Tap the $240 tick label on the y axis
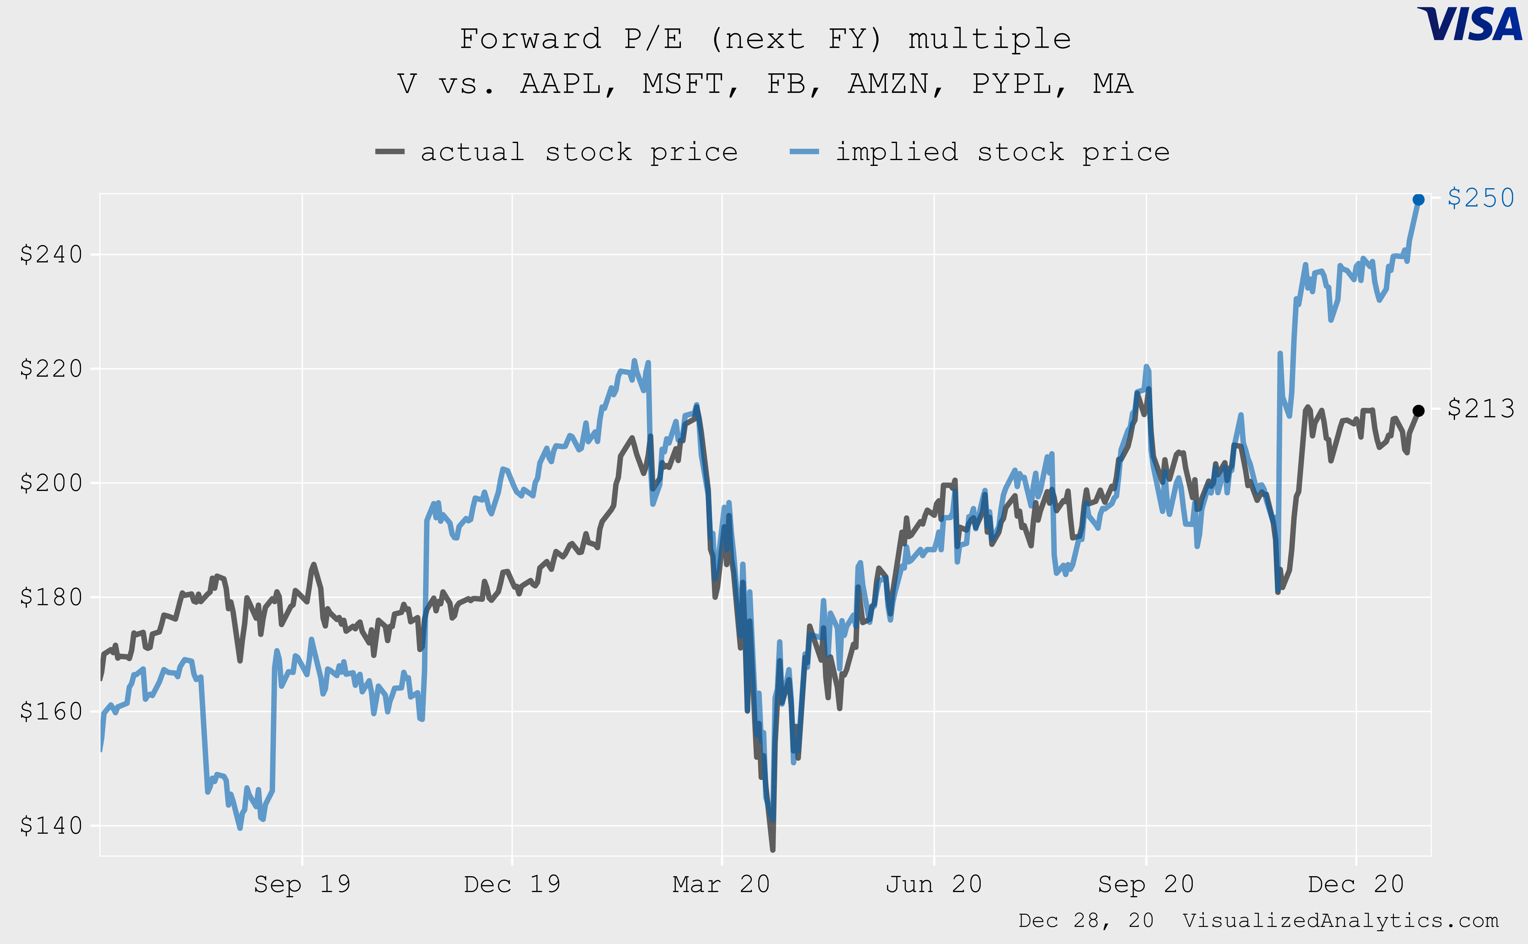(51, 254)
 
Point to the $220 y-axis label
(51, 368)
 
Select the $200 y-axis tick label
(51, 483)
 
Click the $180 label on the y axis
(51, 597)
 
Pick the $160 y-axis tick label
(51, 711)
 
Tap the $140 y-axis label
(51, 825)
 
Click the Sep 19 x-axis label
(302, 884)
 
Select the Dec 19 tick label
(512, 884)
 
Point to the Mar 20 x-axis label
(721, 884)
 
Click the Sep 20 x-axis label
(1146, 884)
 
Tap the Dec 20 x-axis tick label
(1356, 884)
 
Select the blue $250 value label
(1481, 198)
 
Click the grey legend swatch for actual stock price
(390, 152)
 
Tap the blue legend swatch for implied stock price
(804, 152)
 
